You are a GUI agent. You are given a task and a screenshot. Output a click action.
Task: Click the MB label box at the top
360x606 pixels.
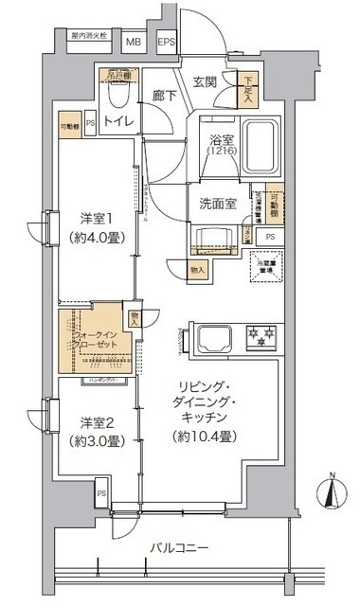pos(132,42)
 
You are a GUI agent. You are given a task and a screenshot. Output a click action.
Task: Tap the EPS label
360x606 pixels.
pos(166,42)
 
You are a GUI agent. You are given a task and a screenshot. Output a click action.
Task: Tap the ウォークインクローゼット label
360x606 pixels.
pos(92,338)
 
